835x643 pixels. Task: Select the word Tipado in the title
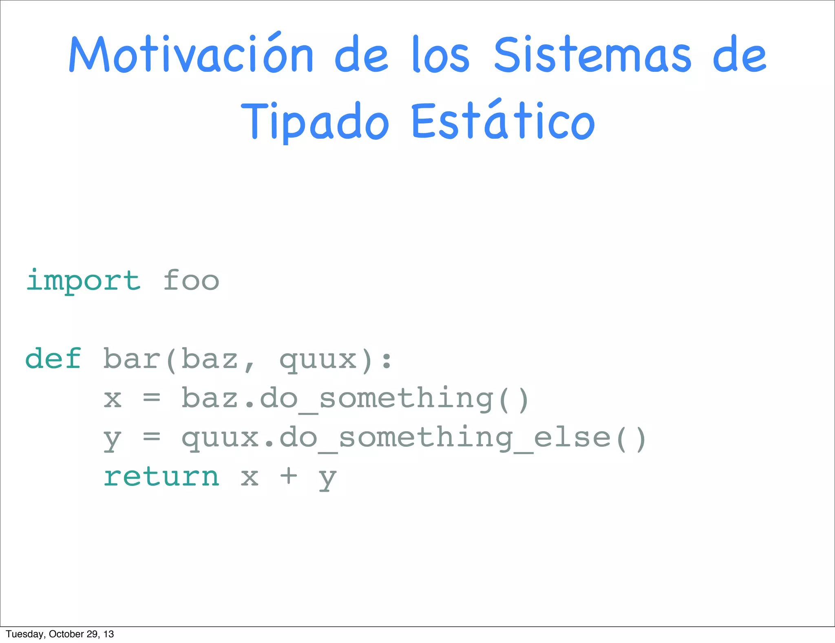click(315, 121)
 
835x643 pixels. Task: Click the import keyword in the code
click(84, 281)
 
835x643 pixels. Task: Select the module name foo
click(191, 281)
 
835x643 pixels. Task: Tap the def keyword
click(53, 359)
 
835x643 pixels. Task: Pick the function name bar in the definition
click(132, 359)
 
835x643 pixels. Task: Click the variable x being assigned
click(113, 399)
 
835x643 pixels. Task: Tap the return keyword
click(161, 477)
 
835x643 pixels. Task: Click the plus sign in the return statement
click(289, 476)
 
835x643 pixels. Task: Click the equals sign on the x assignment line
click(152, 398)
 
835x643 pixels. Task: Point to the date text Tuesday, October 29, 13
click(60, 634)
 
